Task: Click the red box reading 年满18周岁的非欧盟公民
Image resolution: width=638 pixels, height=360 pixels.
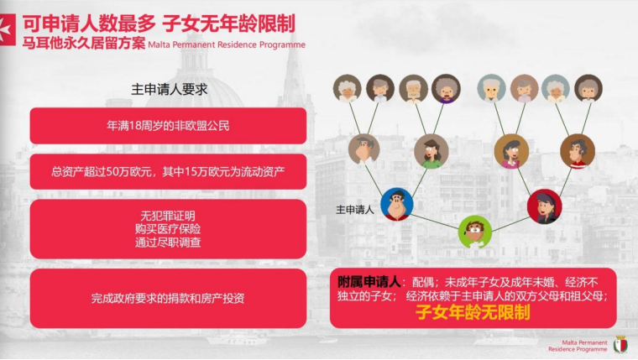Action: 168,126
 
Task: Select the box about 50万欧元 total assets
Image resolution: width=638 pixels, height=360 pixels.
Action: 168,172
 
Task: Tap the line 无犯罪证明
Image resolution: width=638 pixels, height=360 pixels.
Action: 168,216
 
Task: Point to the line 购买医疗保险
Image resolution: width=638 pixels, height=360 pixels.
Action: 168,229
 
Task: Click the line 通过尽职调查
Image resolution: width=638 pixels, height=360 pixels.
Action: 168,243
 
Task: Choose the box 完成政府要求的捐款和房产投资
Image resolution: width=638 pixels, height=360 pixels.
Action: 168,298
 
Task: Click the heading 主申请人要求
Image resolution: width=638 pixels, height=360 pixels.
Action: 170,90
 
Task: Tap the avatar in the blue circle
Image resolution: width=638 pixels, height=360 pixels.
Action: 397,204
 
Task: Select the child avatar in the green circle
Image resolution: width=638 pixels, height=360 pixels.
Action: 475,232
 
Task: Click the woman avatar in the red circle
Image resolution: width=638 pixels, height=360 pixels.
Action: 545,206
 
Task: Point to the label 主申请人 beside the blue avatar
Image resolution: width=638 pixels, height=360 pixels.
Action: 355,210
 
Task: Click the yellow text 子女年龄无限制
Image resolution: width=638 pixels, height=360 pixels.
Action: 473,312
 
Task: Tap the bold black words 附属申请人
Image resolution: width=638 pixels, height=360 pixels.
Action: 369,282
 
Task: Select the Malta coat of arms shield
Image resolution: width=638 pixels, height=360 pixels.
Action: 620,345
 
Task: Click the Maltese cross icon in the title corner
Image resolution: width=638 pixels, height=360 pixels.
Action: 8,29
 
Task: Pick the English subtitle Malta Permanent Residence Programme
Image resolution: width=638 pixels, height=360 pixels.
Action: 227,44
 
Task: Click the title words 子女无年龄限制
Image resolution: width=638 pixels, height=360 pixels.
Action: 228,24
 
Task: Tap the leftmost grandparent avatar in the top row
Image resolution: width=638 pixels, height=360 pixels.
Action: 347,88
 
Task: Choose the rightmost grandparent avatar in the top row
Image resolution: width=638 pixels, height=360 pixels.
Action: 588,88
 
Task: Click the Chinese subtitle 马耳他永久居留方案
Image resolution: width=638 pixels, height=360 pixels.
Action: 84,43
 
